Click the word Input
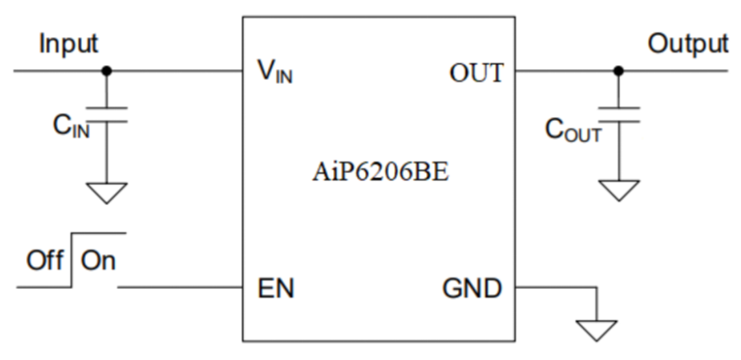(x=68, y=44)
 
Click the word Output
(x=688, y=44)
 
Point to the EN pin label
(x=276, y=288)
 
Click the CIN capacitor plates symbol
(x=107, y=114)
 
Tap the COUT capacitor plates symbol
(x=619, y=115)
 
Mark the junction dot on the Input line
(x=107, y=70)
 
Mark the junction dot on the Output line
(x=619, y=70)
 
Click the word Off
(x=45, y=261)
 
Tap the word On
(x=98, y=261)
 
